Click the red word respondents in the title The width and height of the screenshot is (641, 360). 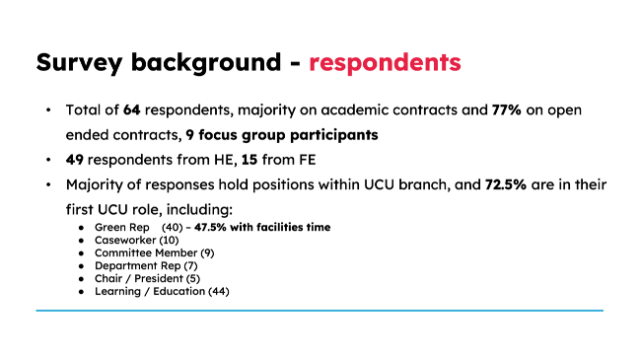[385, 62]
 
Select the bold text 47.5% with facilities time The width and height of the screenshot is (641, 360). [261, 227]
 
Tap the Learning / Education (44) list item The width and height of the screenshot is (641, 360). [162, 291]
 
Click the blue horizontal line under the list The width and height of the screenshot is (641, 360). [320, 311]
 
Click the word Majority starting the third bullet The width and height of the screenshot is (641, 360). [97, 184]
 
